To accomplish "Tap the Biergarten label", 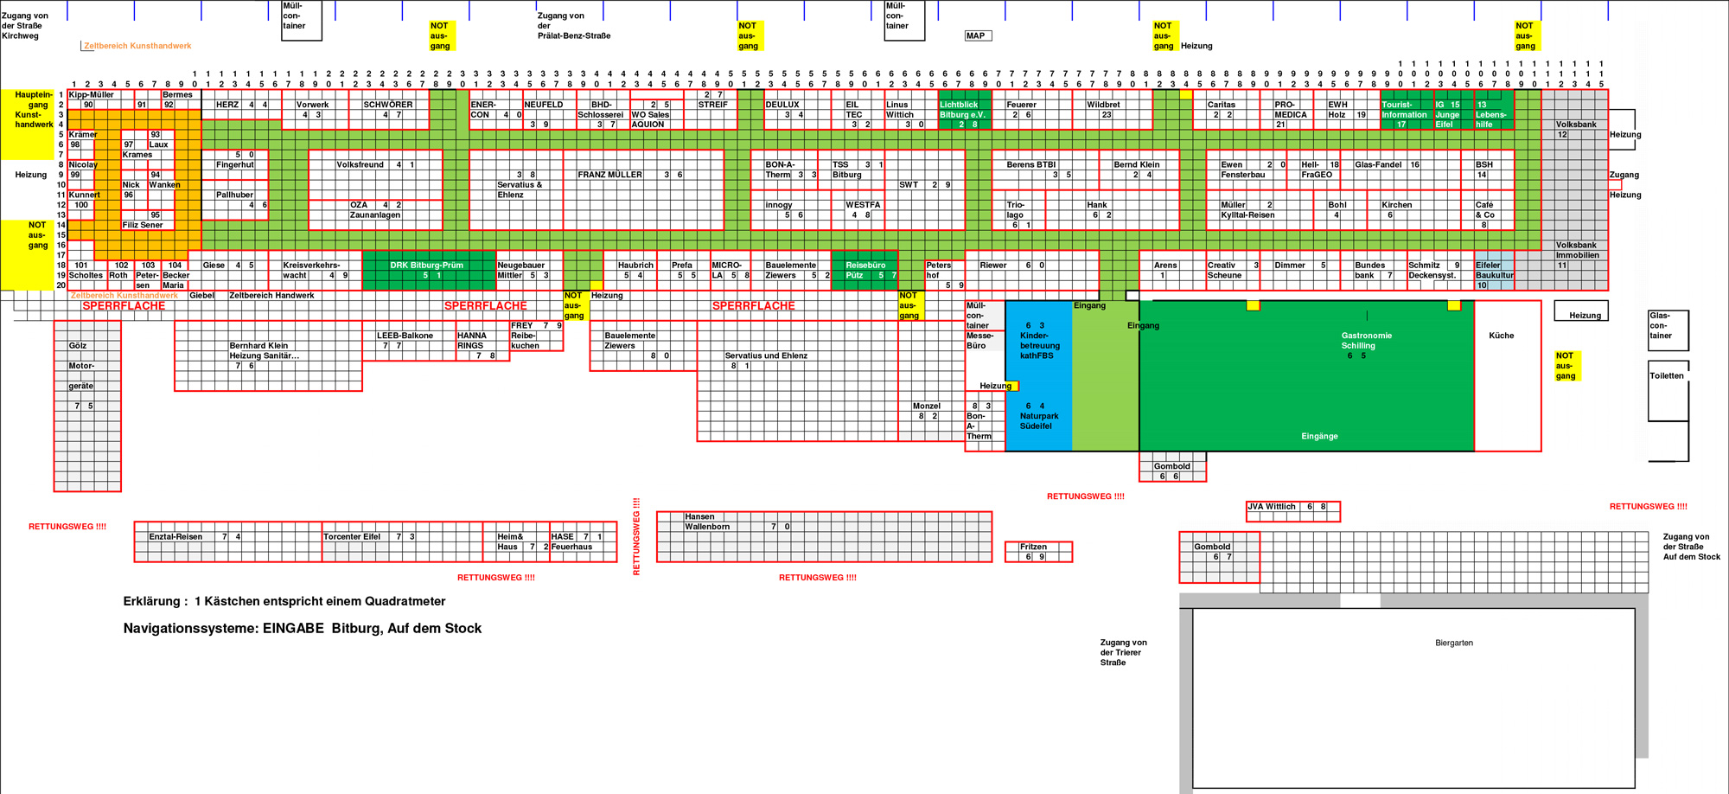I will pos(1453,643).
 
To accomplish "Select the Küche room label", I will pos(1501,336).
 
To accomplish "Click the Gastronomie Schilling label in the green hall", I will pos(1366,341).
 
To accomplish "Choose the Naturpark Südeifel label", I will pos(1038,420).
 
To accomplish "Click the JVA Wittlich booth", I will pos(1271,507).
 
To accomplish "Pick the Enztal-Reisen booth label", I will pos(175,537).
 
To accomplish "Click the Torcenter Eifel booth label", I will pos(352,537).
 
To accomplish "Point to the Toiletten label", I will pos(1666,375).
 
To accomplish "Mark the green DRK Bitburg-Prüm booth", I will pos(428,270).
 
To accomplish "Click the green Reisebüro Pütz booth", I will pos(864,270).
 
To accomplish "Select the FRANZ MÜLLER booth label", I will pos(609,175).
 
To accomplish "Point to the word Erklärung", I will pos(151,601).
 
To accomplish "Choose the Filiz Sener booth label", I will pos(143,225).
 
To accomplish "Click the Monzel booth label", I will pos(926,406).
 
